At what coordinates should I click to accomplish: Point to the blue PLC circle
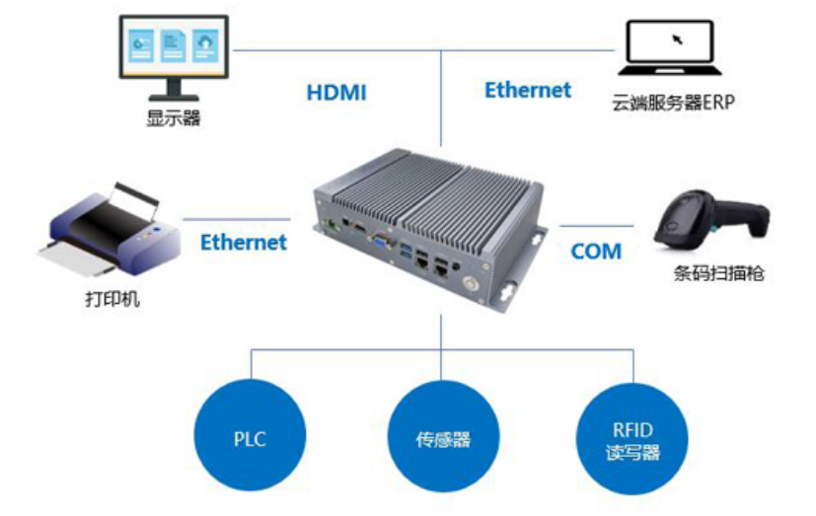(x=250, y=438)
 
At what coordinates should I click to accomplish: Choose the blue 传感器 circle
(x=441, y=438)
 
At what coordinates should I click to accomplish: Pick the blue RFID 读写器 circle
(x=631, y=438)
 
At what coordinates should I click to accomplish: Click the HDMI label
(x=336, y=93)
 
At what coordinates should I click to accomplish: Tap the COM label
(x=596, y=252)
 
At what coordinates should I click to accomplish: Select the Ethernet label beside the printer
(x=244, y=242)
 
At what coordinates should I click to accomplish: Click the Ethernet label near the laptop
(x=528, y=90)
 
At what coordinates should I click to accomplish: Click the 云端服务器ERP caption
(x=673, y=101)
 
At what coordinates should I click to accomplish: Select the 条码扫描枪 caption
(x=716, y=272)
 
